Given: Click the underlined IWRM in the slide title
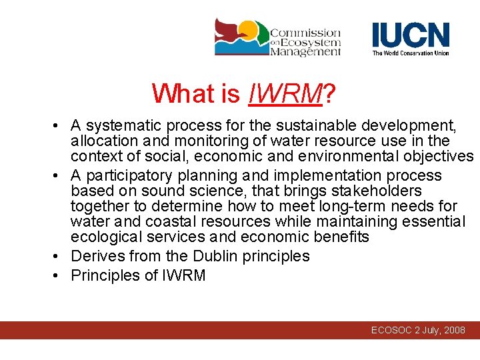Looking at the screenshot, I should point(285,93).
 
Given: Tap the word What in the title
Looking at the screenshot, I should point(175,93).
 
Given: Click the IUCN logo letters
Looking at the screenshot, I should point(410,35).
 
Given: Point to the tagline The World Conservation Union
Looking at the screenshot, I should point(410,53).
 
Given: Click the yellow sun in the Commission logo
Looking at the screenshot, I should point(248,29).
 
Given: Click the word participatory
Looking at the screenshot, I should point(130,175).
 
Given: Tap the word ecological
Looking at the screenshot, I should point(107,237).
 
